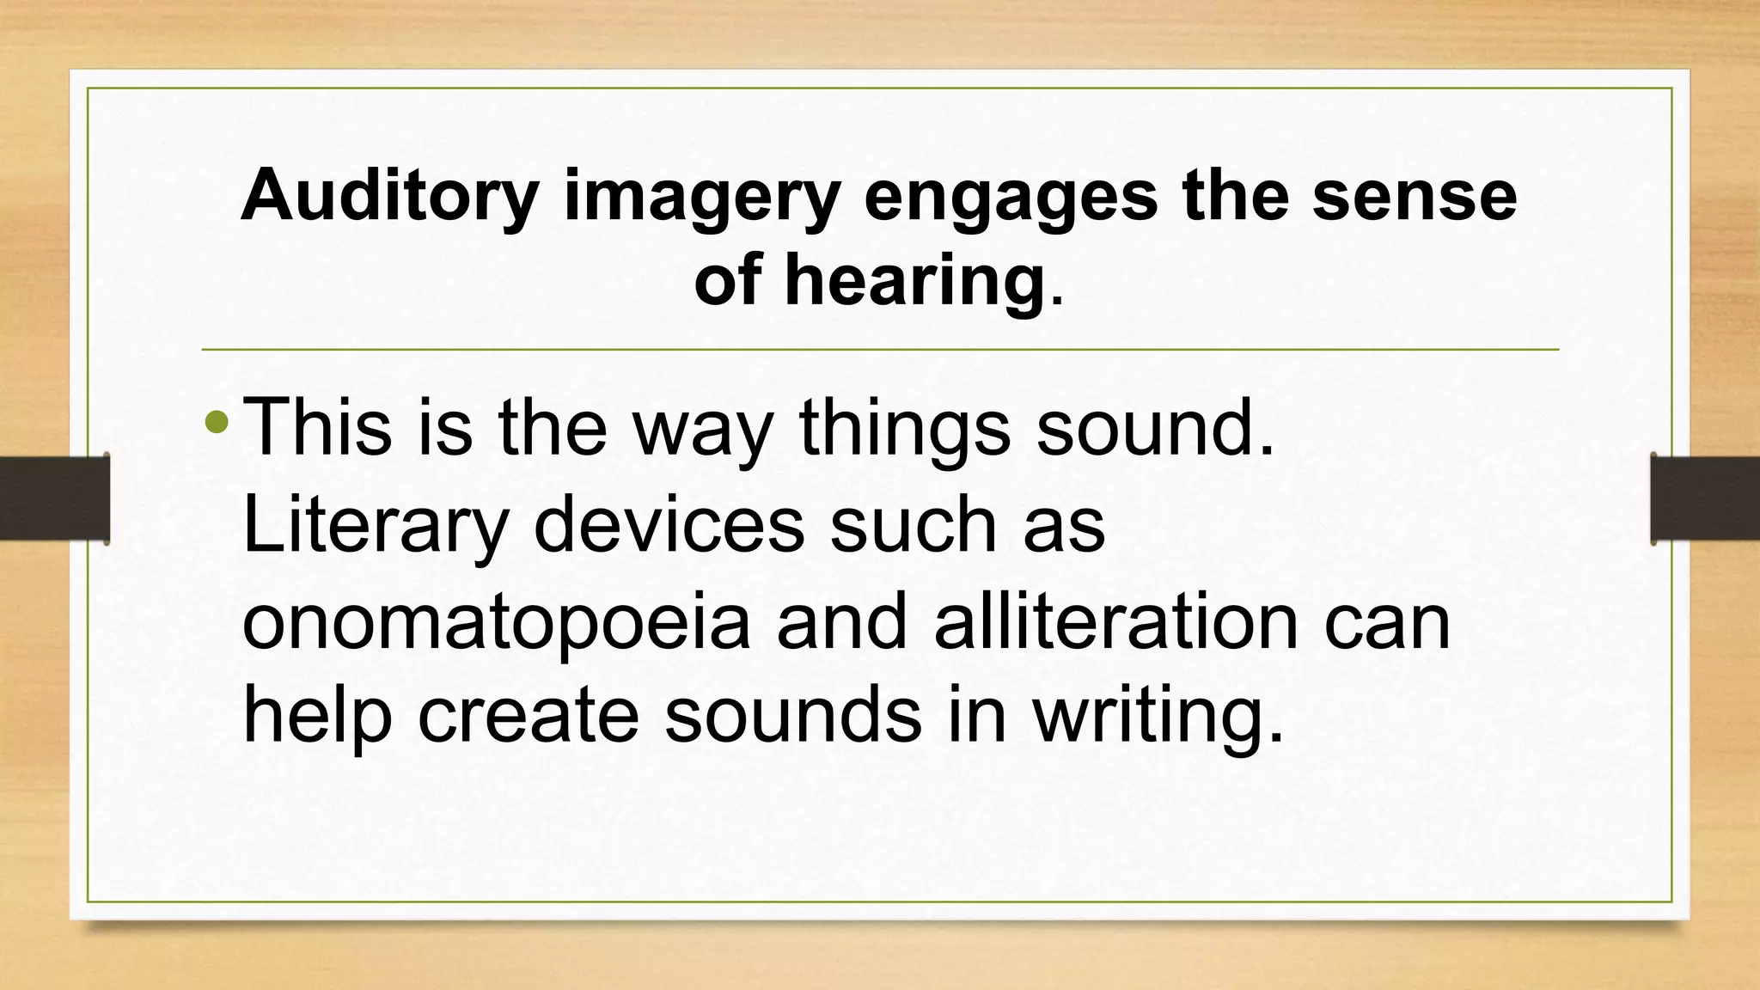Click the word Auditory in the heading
pyautogui.click(x=389, y=197)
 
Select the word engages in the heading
pyautogui.click(x=1011, y=197)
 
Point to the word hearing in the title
pyautogui.click(x=913, y=281)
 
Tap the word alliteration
pyautogui.click(x=1115, y=620)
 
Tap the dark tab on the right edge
pyautogui.click(x=1705, y=498)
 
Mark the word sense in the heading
pyautogui.click(x=1415, y=197)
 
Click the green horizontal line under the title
pyautogui.click(x=880, y=350)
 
